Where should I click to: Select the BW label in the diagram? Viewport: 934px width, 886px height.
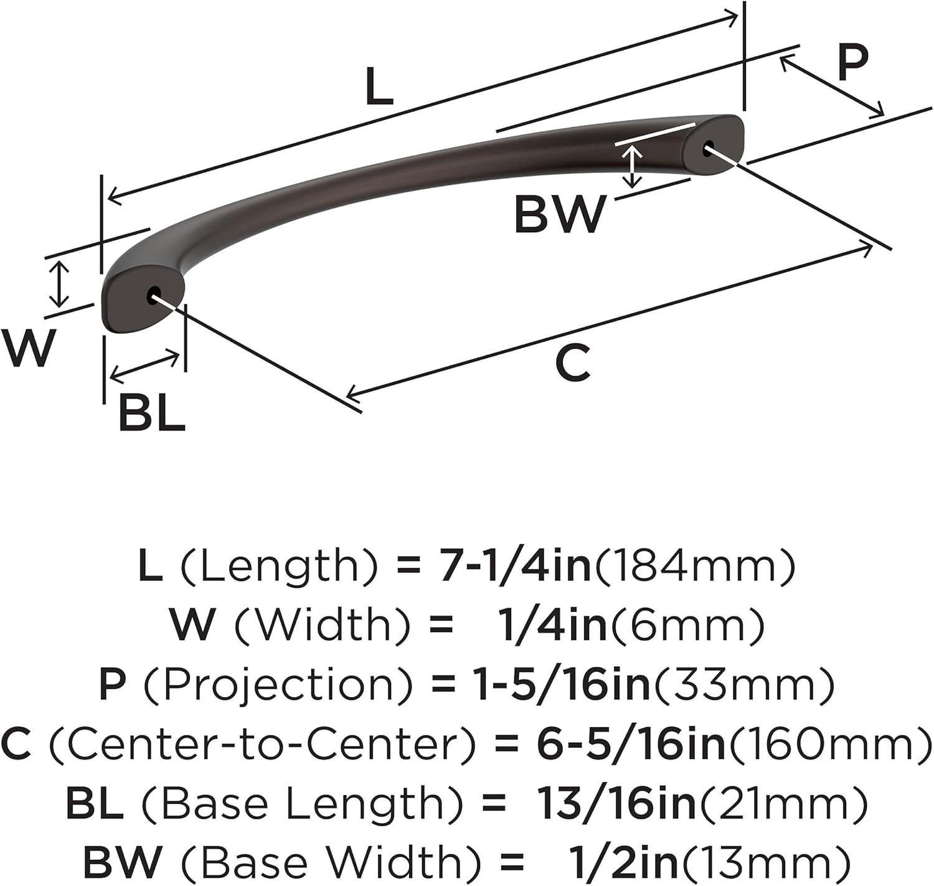559,214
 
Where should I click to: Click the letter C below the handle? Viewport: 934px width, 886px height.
572,364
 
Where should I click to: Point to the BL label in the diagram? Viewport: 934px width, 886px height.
152,413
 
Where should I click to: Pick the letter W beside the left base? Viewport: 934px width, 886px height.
28,348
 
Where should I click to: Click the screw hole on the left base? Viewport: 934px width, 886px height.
153,295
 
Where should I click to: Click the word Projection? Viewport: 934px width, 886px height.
278,685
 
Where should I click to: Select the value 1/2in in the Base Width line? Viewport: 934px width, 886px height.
623,862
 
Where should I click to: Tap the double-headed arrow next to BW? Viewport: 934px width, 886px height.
633,166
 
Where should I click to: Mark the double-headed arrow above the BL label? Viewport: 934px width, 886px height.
145,367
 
